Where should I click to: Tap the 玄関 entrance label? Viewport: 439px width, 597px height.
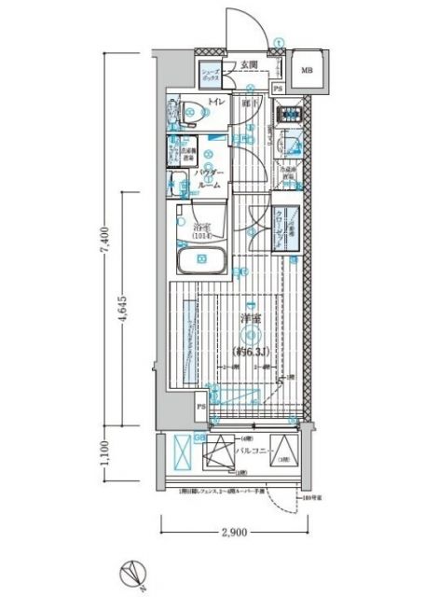tap(248, 65)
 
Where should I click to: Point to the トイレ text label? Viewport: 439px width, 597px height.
tap(215, 103)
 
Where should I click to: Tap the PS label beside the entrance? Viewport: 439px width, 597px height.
tap(278, 88)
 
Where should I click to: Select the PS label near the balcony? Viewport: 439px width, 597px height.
tap(199, 408)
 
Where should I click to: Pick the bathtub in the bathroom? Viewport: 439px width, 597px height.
tap(202, 260)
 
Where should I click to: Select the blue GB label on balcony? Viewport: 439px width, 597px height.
tap(199, 437)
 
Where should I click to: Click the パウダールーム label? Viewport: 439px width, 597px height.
tap(210, 179)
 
